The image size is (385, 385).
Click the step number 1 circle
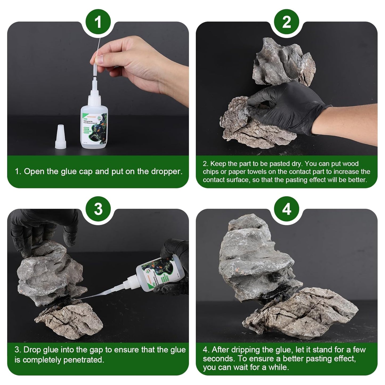(98, 22)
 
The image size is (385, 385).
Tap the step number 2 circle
(286, 22)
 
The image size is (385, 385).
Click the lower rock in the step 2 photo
(256, 128)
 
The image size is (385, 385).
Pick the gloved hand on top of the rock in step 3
(43, 226)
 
